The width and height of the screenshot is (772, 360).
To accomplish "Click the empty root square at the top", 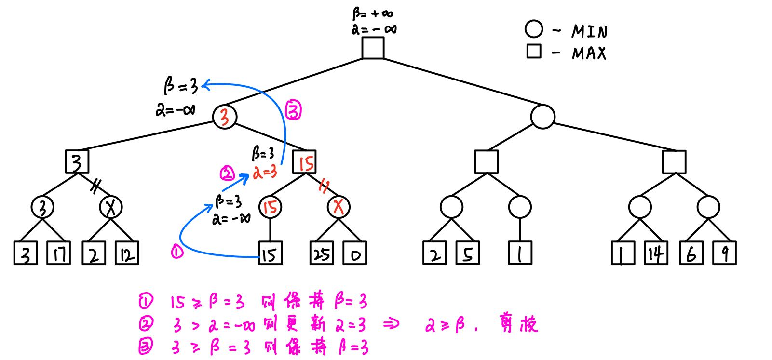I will click(373, 48).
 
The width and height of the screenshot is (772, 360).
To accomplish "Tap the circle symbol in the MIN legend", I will click(534, 29).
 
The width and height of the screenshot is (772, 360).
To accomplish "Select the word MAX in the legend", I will click(589, 53).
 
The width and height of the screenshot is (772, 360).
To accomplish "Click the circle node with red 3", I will click(225, 117).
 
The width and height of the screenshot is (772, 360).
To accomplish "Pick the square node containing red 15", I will click(304, 162).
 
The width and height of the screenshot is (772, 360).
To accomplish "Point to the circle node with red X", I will click(339, 207).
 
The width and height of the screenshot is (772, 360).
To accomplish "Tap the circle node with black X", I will click(111, 207).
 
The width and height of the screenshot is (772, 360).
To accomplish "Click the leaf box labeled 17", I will click(58, 253).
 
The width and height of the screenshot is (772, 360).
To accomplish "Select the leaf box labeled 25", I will click(322, 253).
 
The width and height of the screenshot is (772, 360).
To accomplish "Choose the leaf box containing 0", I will click(355, 253).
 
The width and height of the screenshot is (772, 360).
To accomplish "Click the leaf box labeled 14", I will click(656, 253).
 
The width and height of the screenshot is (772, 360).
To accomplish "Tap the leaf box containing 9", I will click(725, 253).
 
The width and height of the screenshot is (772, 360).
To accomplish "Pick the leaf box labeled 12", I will click(127, 253).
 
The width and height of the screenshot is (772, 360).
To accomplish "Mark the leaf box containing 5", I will click(468, 253).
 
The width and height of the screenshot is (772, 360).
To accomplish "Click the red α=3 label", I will click(265, 172).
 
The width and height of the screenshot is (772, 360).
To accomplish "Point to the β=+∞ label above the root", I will click(372, 14).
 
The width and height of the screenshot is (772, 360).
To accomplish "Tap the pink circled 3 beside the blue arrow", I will click(293, 110).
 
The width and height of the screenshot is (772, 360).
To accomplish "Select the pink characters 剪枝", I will click(518, 323).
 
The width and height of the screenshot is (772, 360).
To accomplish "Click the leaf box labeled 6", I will click(691, 253).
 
